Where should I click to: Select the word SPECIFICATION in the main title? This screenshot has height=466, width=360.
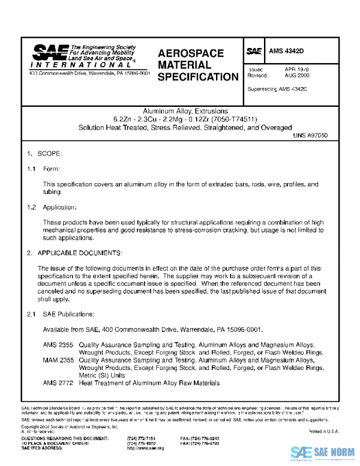point(198,77)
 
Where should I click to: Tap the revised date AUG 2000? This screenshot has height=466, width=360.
point(297,76)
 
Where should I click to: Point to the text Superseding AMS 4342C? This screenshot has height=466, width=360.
point(277,89)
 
